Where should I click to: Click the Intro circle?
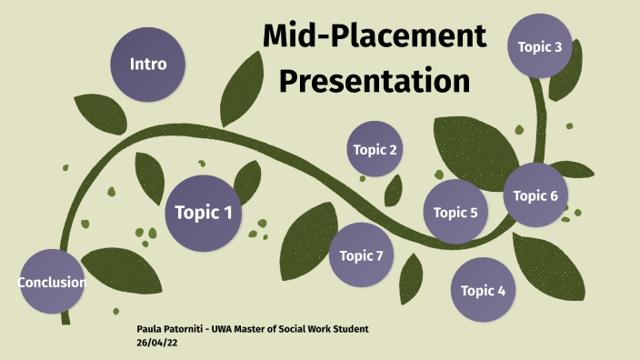[x=147, y=65]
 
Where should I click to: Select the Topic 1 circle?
[x=203, y=214]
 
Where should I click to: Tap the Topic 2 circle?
[x=375, y=149]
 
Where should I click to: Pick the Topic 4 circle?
[x=483, y=291]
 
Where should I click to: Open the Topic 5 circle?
[x=455, y=213]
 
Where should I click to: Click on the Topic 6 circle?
[x=536, y=195]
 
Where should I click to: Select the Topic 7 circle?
[x=361, y=255]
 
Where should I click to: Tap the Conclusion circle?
[x=52, y=282]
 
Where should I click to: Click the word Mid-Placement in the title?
[x=375, y=36]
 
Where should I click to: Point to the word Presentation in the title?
[x=374, y=80]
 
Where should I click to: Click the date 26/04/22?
[x=155, y=342]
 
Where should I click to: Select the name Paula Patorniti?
[x=169, y=328]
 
